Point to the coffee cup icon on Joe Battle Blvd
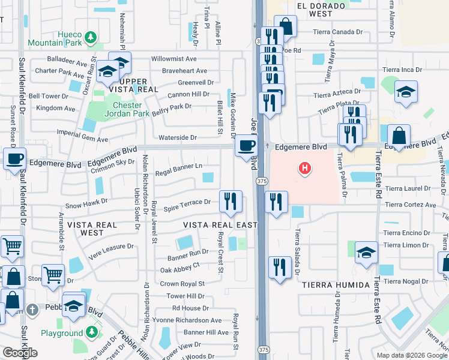(x=246, y=146)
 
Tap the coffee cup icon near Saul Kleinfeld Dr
(x=14, y=160)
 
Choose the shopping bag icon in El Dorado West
(x=286, y=26)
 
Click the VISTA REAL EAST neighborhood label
(x=221, y=224)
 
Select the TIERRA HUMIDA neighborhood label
(x=335, y=284)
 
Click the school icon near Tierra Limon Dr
(x=366, y=253)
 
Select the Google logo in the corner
(x=19, y=353)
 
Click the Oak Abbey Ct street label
(x=179, y=265)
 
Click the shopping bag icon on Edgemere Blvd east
(x=399, y=136)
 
